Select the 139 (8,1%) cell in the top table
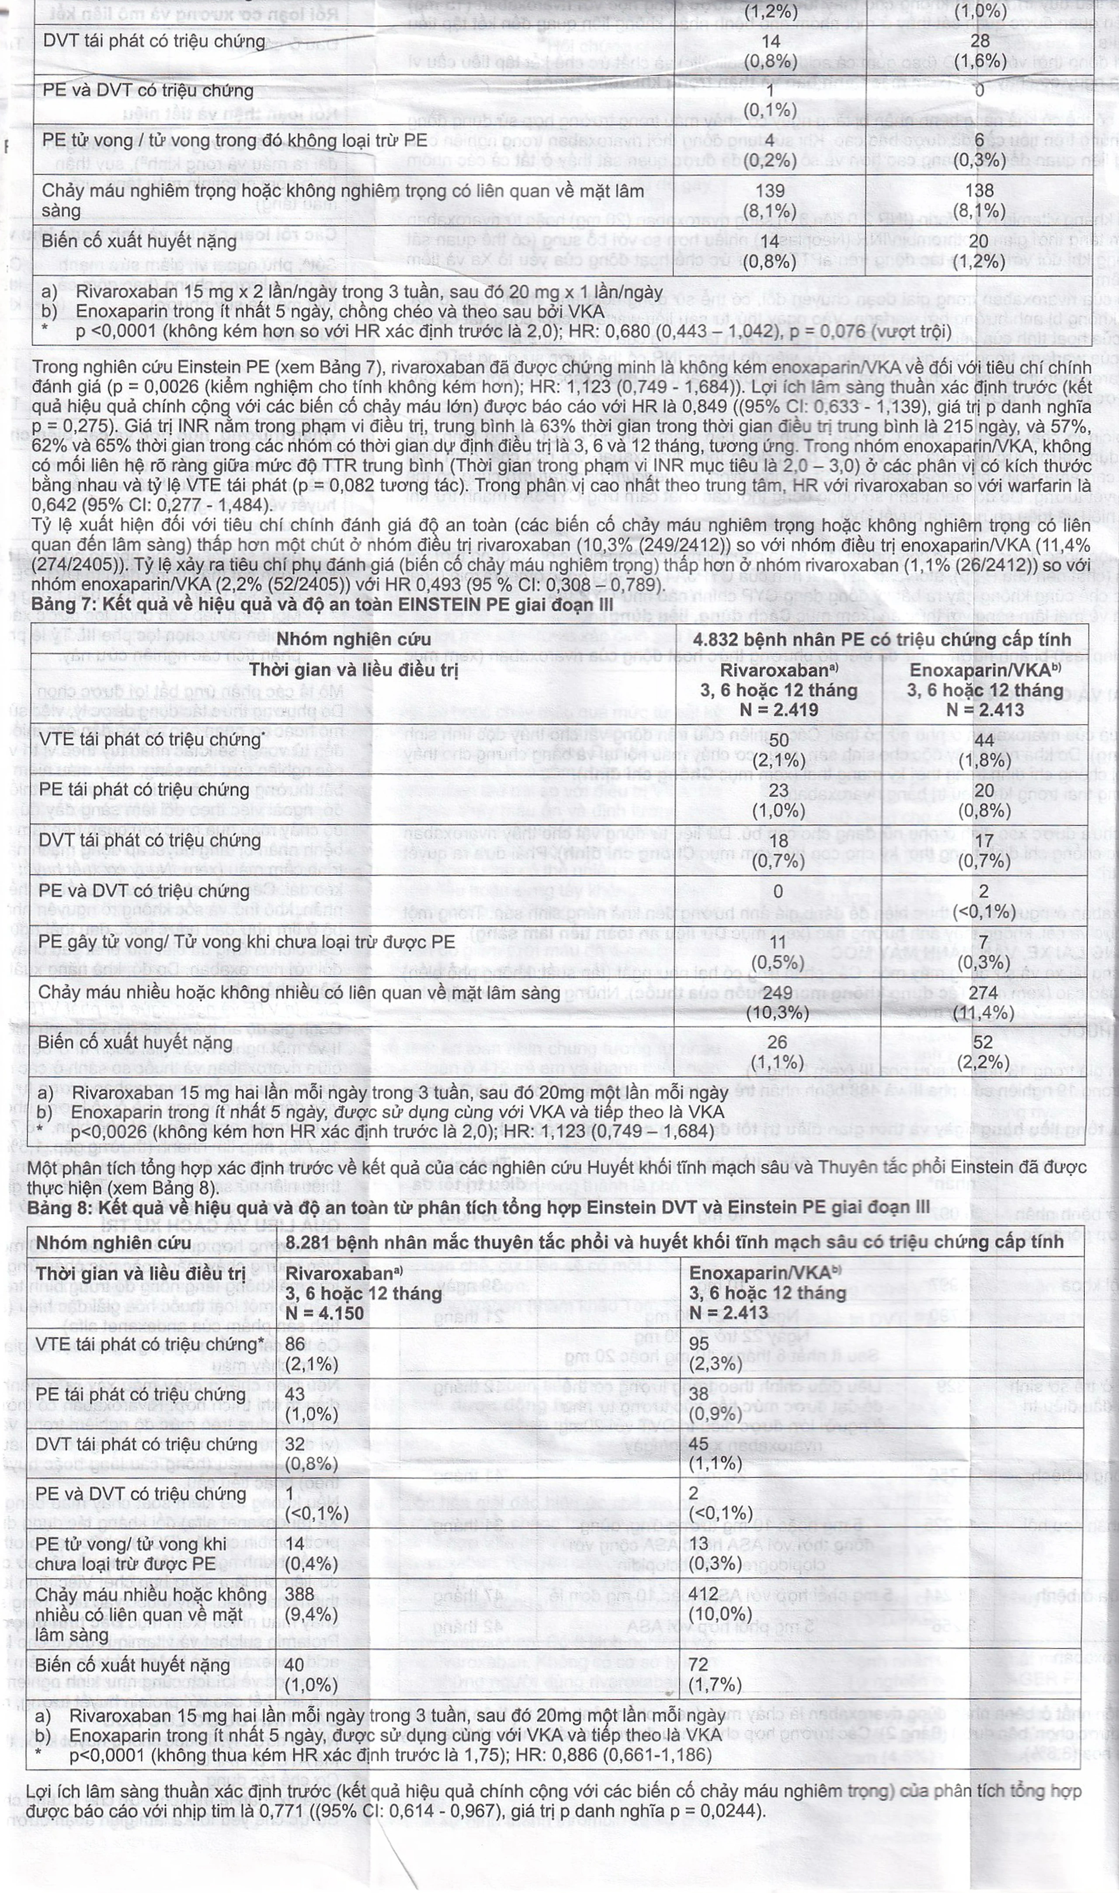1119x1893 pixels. click(x=769, y=201)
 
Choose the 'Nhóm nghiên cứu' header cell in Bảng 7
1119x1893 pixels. click(x=337, y=639)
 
